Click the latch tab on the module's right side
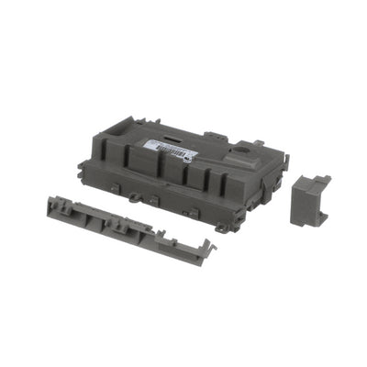(x=285, y=162)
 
